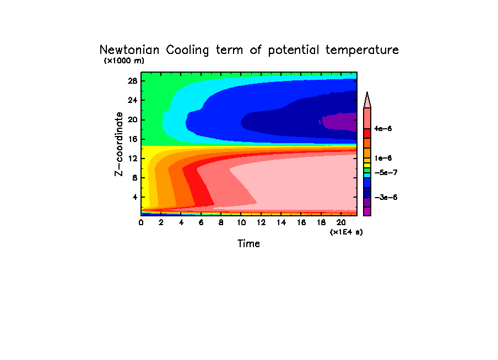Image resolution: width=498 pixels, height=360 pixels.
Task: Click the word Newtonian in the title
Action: (x=129, y=50)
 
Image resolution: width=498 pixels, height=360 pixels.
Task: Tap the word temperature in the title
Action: (x=362, y=50)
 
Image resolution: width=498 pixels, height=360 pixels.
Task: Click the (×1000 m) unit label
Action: (x=124, y=61)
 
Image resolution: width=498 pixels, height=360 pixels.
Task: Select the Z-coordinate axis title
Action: (x=118, y=144)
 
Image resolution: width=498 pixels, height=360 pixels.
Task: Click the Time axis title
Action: (x=248, y=243)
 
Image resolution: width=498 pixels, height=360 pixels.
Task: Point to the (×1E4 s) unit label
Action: (x=346, y=232)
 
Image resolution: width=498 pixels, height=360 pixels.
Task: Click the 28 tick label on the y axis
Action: (x=132, y=81)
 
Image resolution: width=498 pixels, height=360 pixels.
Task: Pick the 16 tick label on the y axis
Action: (x=132, y=139)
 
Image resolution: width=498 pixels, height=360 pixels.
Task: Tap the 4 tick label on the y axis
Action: (x=134, y=197)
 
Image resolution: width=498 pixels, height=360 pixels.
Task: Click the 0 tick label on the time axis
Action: (x=142, y=222)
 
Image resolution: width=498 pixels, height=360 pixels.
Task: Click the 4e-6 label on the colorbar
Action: (x=382, y=129)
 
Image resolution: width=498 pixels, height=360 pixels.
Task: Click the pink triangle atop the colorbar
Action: (x=367, y=100)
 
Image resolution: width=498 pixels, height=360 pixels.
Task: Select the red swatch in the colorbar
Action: (x=367, y=133)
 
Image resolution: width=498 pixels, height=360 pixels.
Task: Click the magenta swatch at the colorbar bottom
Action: (x=367, y=211)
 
